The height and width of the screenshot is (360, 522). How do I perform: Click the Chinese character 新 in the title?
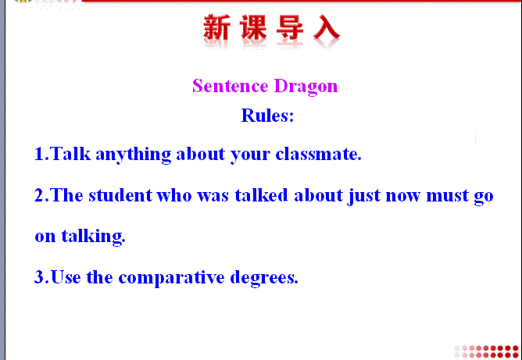coord(216,27)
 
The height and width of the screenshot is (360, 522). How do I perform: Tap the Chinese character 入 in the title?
coord(327,27)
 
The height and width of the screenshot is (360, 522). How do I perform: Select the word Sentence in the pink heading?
coord(231,86)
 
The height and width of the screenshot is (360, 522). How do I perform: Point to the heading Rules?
coord(267,116)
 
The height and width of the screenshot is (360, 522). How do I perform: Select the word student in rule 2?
coord(121,195)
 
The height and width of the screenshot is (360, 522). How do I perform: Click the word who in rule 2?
coord(174,195)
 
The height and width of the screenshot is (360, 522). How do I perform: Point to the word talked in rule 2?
coord(261,195)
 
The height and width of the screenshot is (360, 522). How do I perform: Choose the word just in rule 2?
coord(364,196)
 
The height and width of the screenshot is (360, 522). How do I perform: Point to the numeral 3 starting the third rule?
coord(39,276)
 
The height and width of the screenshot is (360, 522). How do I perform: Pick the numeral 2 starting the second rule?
coord(39,195)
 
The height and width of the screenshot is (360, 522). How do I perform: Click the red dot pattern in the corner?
coord(487,351)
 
